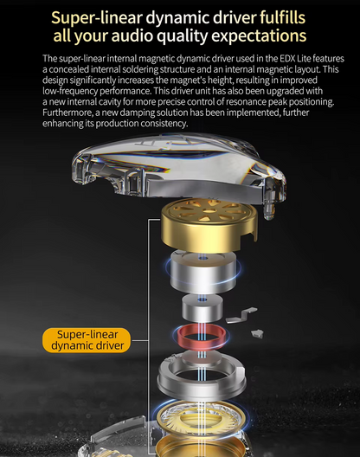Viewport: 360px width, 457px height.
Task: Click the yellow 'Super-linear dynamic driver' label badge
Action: tap(87, 340)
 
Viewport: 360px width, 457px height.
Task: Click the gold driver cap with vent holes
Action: tap(209, 226)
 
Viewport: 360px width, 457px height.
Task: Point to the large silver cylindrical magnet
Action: tap(203, 272)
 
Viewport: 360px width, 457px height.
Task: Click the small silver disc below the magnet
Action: tap(202, 308)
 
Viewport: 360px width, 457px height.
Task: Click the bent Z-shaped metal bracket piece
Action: tap(242, 315)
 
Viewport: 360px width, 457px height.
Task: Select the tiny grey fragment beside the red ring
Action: tap(257, 334)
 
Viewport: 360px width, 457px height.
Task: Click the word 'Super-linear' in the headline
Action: tap(97, 18)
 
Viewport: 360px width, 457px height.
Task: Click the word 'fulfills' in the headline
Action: tap(282, 17)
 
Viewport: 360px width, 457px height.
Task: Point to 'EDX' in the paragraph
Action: tap(287, 59)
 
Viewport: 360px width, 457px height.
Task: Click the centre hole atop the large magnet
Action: tap(202, 258)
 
